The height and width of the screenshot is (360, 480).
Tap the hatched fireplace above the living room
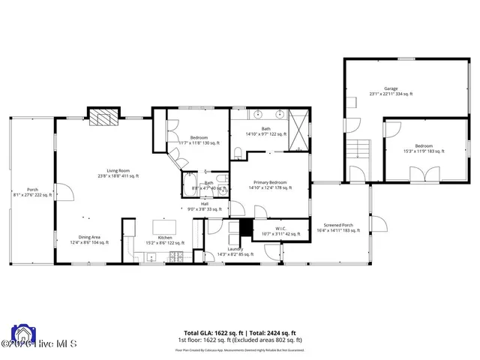pyautogui.click(x=103, y=116)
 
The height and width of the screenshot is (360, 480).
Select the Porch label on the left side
pyautogui.click(x=32, y=191)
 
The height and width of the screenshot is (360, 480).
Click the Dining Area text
pyautogui.click(x=89, y=239)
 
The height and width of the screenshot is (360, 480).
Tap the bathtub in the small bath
pyautogui.click(x=187, y=184)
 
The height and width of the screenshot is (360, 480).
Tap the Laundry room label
pyautogui.click(x=235, y=251)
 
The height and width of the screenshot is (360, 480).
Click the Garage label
pyautogui.click(x=391, y=91)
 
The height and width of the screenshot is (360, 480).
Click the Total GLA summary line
pyautogui.click(x=240, y=332)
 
